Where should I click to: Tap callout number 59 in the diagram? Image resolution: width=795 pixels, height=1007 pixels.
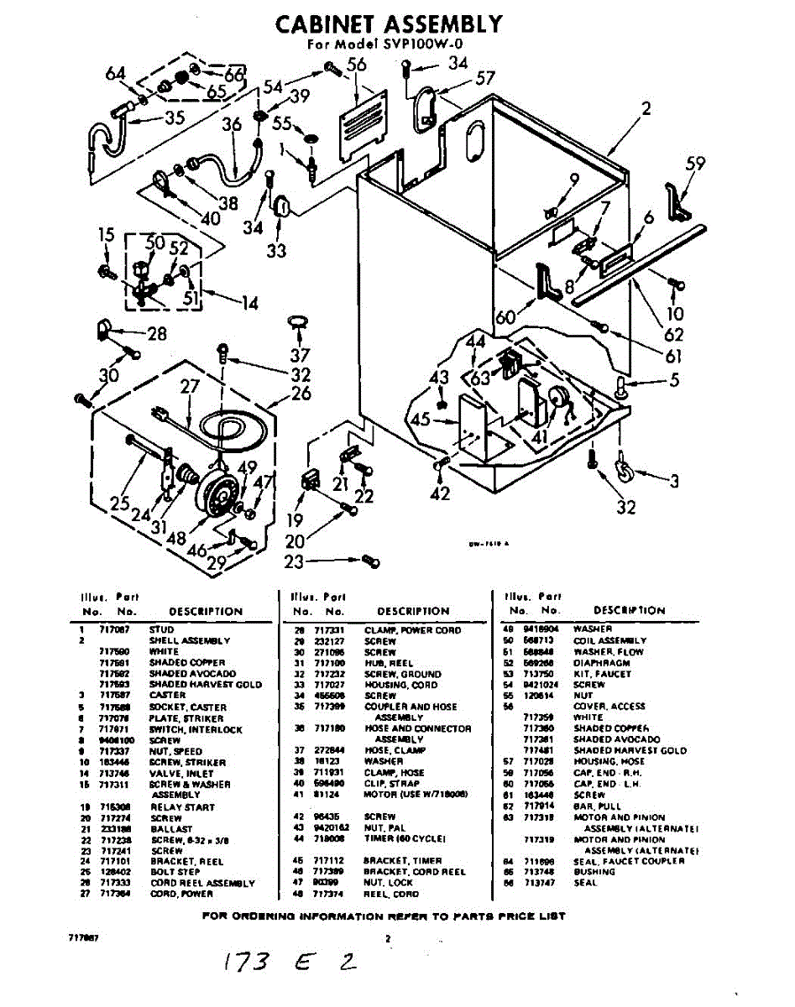click(x=695, y=164)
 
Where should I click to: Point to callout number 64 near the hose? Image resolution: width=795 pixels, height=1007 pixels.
click(x=116, y=74)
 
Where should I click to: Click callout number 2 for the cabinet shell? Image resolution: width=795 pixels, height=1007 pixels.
click(x=646, y=108)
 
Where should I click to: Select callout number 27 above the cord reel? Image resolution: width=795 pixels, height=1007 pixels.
click(x=190, y=387)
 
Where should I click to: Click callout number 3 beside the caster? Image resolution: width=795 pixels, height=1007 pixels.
click(x=673, y=482)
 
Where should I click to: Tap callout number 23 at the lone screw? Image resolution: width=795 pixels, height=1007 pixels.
click(x=293, y=562)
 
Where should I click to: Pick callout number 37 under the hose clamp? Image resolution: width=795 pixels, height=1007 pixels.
click(x=301, y=354)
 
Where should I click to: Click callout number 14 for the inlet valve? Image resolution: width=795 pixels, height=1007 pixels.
click(x=249, y=303)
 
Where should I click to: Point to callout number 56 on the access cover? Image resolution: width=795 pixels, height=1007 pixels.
click(x=357, y=65)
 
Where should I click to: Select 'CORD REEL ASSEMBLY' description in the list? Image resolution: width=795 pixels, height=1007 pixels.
click(x=201, y=884)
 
